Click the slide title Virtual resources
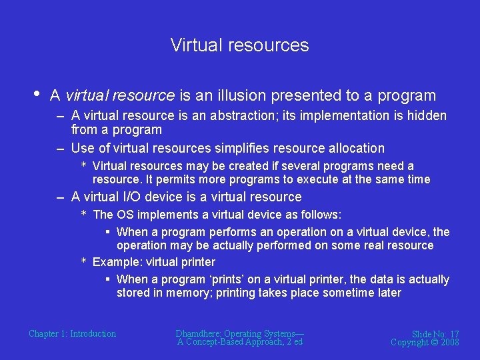[239, 45]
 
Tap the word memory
[188, 293]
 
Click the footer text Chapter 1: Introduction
[72, 333]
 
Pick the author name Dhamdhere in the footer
[198, 333]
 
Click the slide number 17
[453, 334]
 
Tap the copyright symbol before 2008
[433, 342]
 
